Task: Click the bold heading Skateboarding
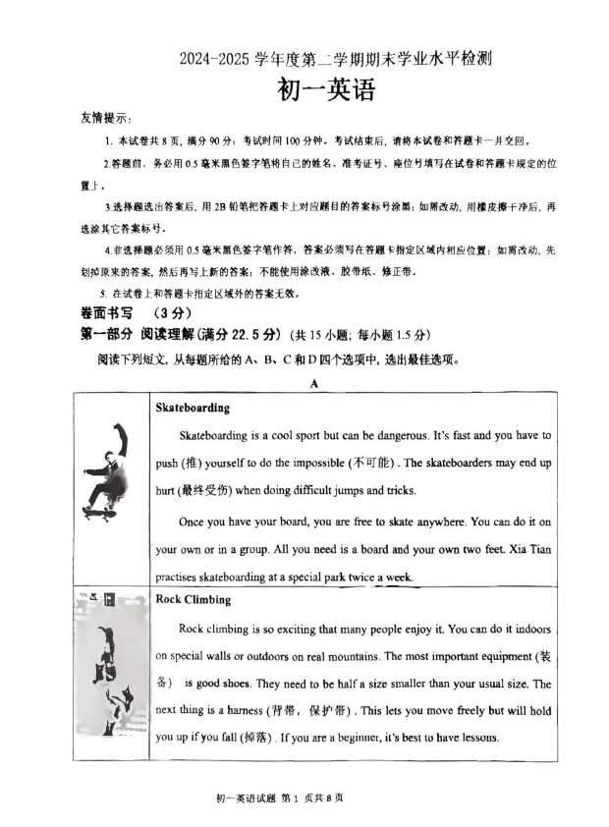[x=193, y=408]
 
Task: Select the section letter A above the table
[x=314, y=384]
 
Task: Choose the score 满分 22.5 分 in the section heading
[x=242, y=334]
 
